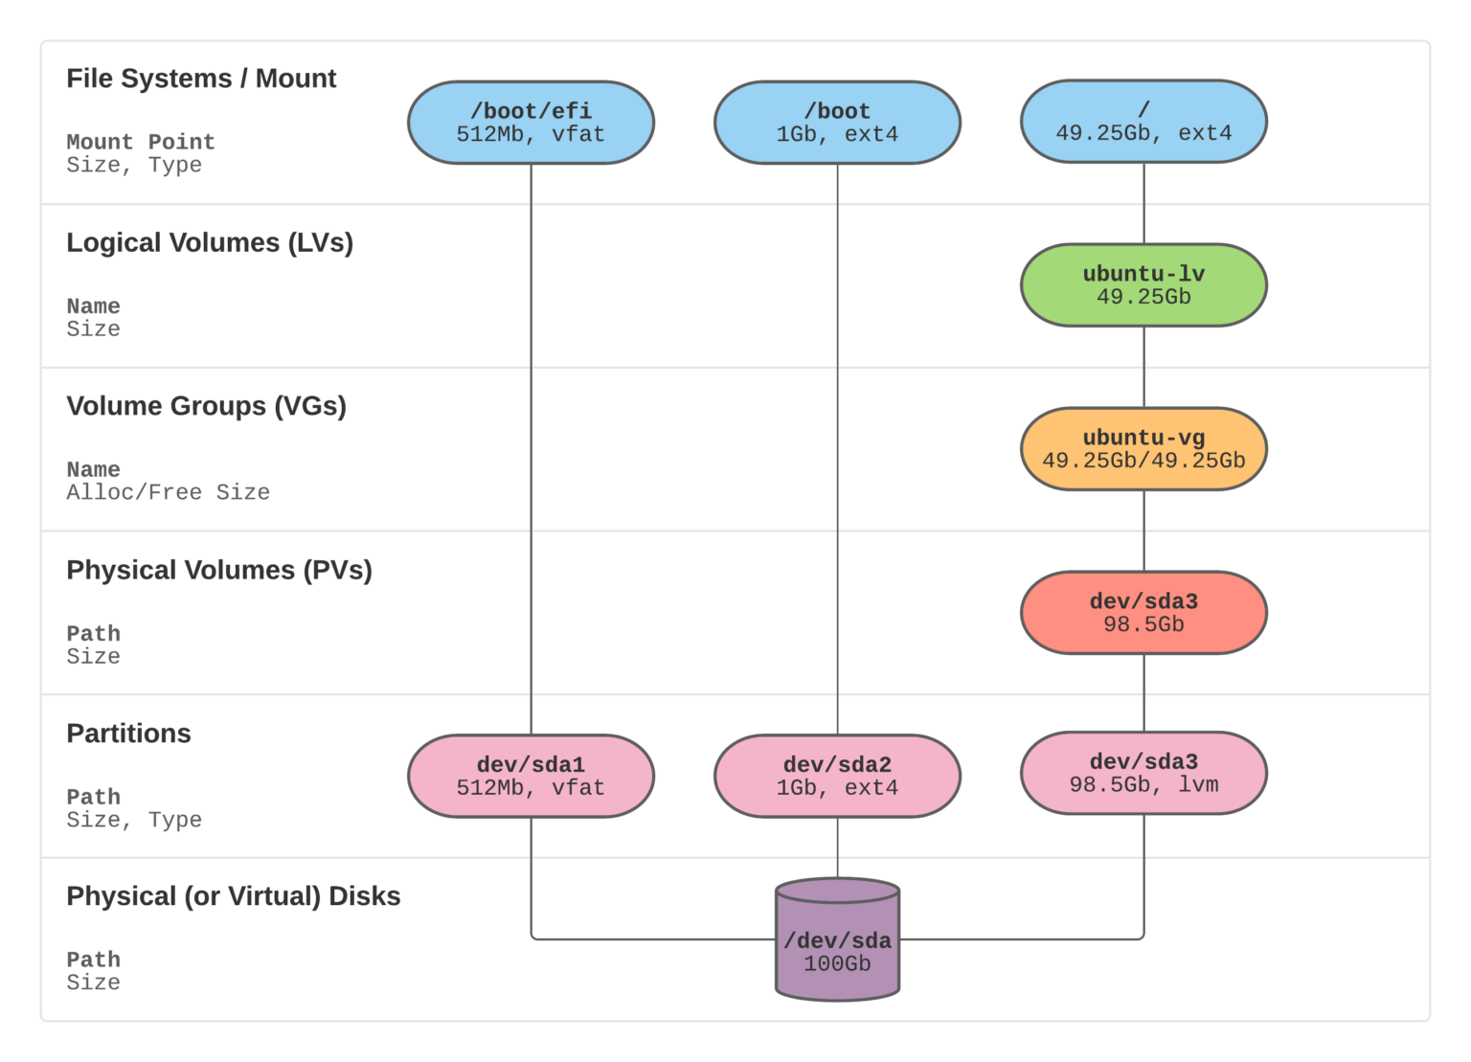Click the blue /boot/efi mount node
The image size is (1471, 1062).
[x=531, y=123]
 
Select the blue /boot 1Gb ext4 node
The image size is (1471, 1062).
[x=837, y=123]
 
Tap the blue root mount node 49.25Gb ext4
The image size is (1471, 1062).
[x=1143, y=122]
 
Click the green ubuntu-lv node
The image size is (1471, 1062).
[x=1143, y=285]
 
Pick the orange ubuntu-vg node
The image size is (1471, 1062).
[x=1143, y=449]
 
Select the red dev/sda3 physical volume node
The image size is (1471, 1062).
[x=1143, y=613]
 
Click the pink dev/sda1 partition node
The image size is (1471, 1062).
[x=531, y=776]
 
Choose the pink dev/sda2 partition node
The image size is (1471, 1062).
[x=837, y=776]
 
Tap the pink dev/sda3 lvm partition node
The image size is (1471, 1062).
[x=1143, y=773]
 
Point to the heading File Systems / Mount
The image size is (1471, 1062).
[x=201, y=79]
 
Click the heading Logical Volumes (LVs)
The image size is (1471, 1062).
[x=210, y=243]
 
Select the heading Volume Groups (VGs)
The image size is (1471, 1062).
[x=206, y=406]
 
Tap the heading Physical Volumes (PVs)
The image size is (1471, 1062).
[x=219, y=570]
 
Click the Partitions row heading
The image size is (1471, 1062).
[x=128, y=734]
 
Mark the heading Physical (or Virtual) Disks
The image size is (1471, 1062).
[x=233, y=896]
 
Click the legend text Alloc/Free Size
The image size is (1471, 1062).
[x=168, y=492]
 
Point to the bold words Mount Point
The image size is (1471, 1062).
[x=141, y=142]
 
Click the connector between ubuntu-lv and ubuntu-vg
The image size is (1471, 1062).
[x=1143, y=367]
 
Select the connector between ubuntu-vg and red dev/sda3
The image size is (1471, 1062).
[x=1143, y=531]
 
